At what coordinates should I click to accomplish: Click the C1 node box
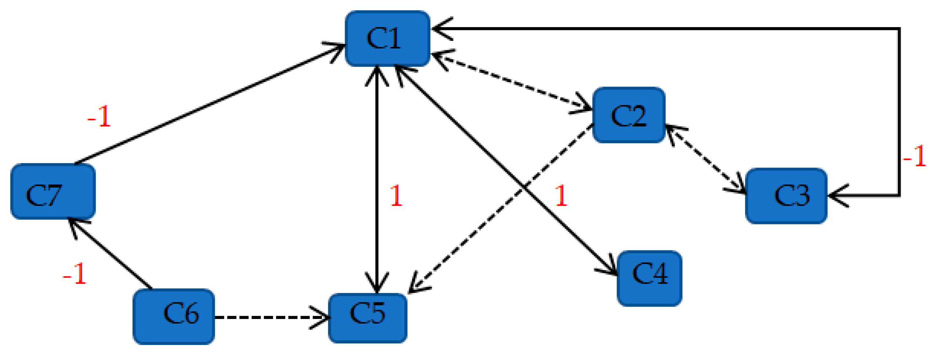387,38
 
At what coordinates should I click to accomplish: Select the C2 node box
628,115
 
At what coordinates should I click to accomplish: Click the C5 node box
367,317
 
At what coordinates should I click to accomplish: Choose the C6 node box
173,316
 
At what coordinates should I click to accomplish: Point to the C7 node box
53,191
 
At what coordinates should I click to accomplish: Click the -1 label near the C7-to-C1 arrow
99,117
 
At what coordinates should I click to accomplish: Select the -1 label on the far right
914,157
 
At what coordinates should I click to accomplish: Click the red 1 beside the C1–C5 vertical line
396,196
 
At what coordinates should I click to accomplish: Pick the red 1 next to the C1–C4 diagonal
561,196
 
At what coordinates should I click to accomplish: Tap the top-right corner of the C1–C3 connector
899,29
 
